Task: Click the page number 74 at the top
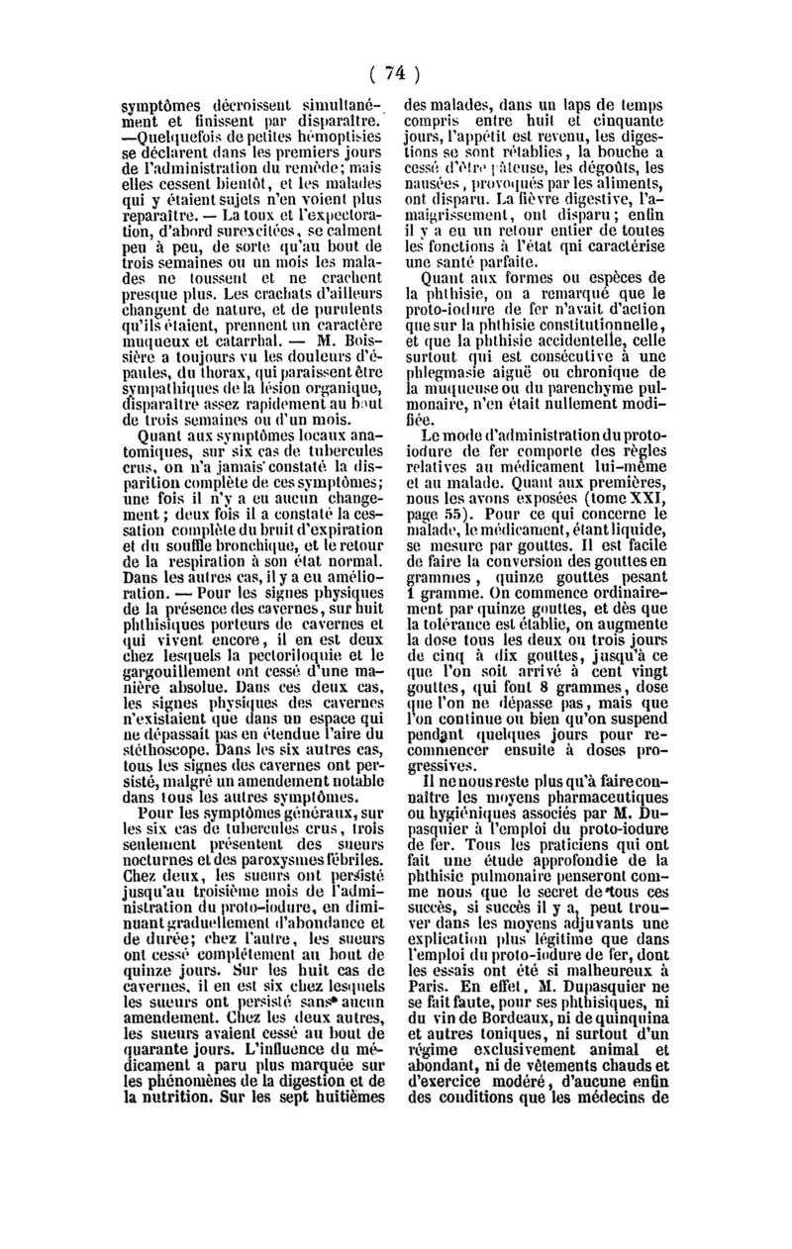[396, 72]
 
